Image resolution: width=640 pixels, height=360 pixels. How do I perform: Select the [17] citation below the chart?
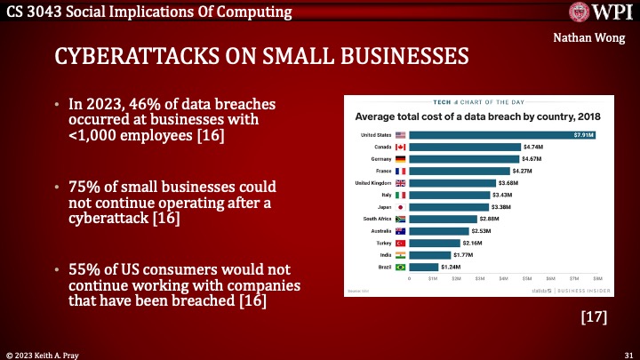594,317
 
